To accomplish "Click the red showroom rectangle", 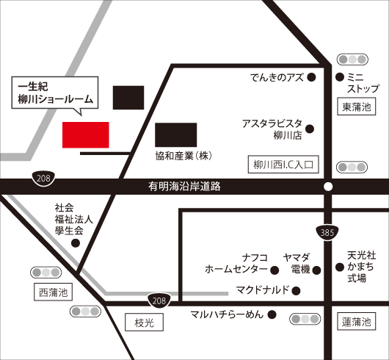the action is pyautogui.click(x=86, y=134).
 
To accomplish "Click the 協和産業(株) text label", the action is pyautogui.click(x=183, y=156).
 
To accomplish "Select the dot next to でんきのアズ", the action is pyautogui.click(x=311, y=77).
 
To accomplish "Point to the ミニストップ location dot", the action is pyautogui.click(x=340, y=77).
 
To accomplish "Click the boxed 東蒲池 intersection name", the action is pyautogui.click(x=357, y=107).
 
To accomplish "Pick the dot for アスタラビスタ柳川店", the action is pyautogui.click(x=310, y=129).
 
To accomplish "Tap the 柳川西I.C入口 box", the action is pyautogui.click(x=283, y=165).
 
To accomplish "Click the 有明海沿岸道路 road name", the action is pyautogui.click(x=184, y=187).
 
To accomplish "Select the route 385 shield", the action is pyautogui.click(x=327, y=233).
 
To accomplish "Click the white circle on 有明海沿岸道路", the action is pyautogui.click(x=328, y=187).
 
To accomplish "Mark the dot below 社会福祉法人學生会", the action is pyautogui.click(x=76, y=243).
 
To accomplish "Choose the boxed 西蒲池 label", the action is pyautogui.click(x=53, y=292).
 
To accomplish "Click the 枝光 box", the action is pyautogui.click(x=144, y=323).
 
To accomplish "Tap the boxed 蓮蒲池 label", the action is pyautogui.click(x=357, y=322).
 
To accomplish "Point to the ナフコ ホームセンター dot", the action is pyautogui.click(x=275, y=270).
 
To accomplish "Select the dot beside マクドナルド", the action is pyautogui.click(x=296, y=291).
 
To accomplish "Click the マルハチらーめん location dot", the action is pyautogui.click(x=272, y=314).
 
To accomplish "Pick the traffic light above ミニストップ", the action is pyautogui.click(x=352, y=60).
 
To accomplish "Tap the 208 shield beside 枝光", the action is pyautogui.click(x=159, y=300).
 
